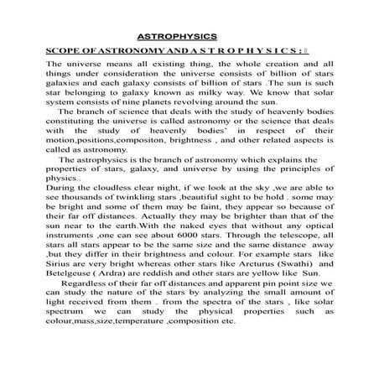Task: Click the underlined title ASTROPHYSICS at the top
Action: coord(177,37)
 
